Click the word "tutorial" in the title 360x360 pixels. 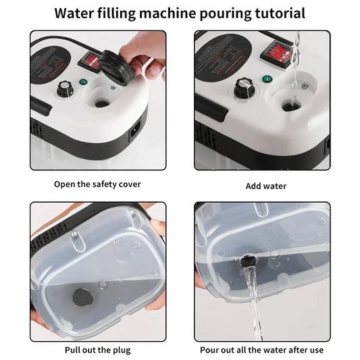276,13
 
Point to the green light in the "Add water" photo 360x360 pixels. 267,79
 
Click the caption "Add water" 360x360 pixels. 265,186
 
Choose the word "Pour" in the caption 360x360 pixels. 210,350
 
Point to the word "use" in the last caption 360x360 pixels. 316,350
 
